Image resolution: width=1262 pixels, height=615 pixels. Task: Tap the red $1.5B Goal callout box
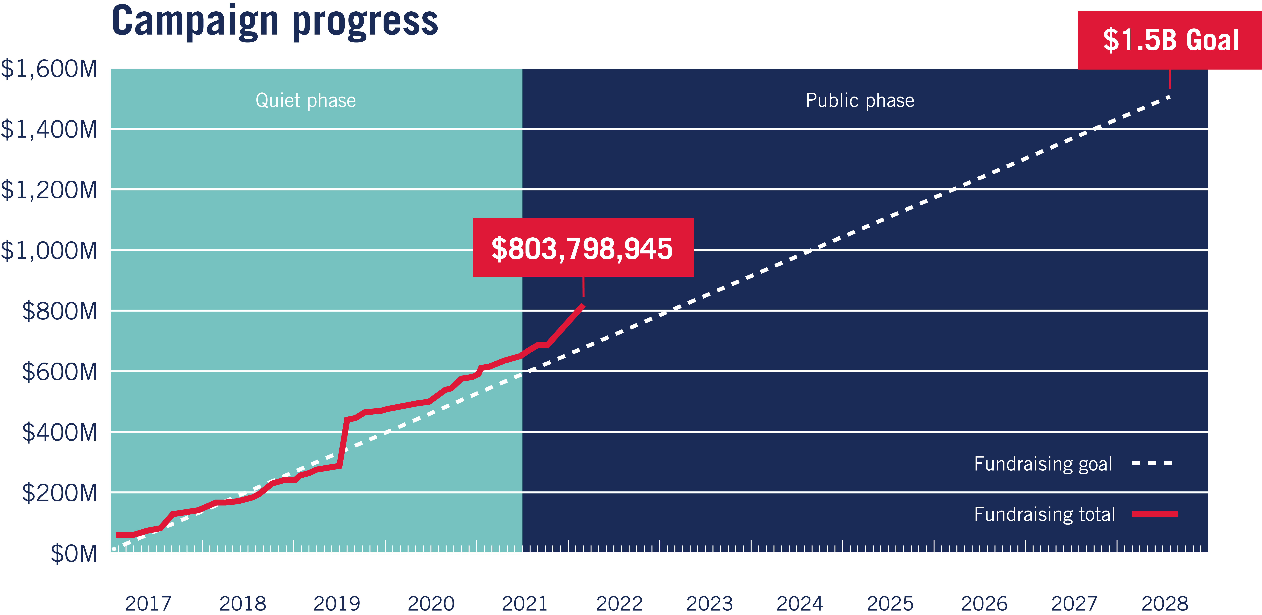[x=1170, y=40]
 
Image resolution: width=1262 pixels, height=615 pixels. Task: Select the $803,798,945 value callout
[x=583, y=248]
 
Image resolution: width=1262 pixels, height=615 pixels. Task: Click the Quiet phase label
[x=306, y=100]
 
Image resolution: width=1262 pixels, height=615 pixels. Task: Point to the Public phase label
[x=860, y=100]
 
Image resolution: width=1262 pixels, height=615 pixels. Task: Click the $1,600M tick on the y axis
[x=49, y=69]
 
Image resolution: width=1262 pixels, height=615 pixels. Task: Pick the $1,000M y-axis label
[x=49, y=251]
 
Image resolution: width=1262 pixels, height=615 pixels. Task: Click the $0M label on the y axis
[x=73, y=554]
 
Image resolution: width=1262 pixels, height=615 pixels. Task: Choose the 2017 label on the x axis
[x=148, y=603]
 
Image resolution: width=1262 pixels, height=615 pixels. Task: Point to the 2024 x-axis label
[x=800, y=603]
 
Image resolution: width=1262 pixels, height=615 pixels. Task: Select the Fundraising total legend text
[x=1045, y=514]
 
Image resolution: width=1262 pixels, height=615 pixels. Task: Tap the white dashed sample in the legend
[x=1152, y=463]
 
